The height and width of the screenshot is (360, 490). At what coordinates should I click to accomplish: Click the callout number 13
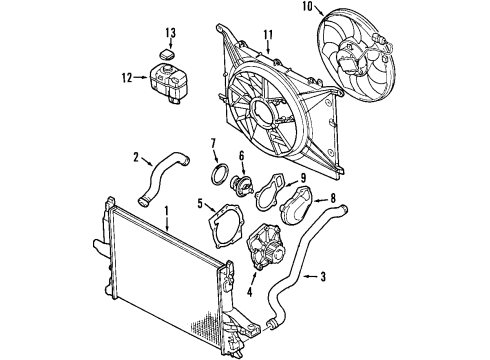pyautogui.click(x=171, y=34)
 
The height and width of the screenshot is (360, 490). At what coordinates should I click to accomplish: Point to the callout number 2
pyautogui.click(x=135, y=155)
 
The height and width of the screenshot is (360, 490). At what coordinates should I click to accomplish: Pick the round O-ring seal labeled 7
pyautogui.click(x=216, y=178)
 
